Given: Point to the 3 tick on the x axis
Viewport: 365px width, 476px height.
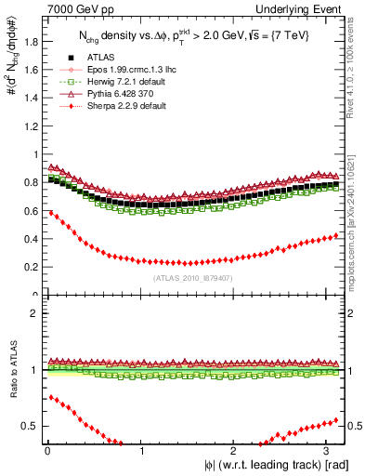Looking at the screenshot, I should point(330,451).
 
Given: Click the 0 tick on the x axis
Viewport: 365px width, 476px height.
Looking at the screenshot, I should point(46,451).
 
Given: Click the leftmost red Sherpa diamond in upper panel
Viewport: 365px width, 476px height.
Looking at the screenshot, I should point(50,212).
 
